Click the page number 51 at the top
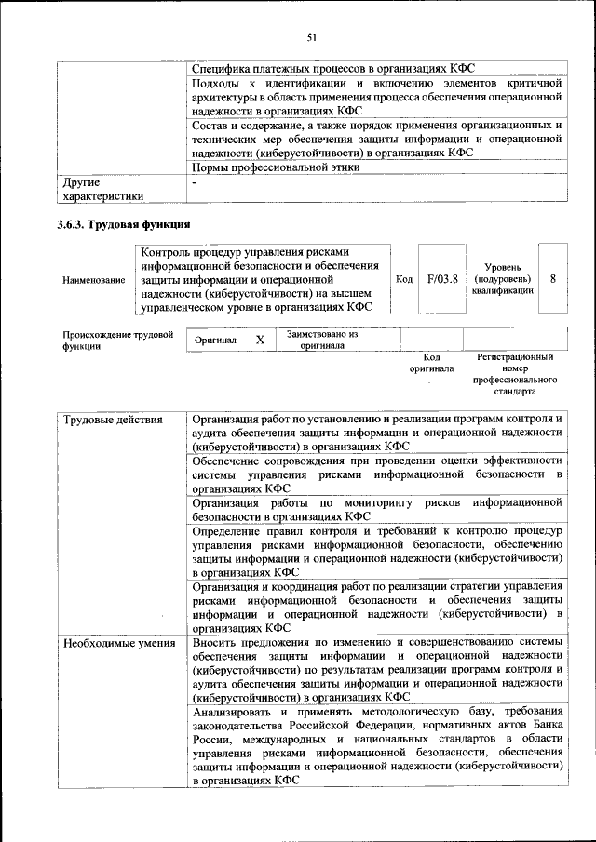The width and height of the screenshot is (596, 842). (x=312, y=37)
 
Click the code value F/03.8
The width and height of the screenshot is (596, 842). (x=442, y=278)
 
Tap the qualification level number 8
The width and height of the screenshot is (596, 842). (x=553, y=278)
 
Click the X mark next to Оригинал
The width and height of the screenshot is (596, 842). (x=260, y=340)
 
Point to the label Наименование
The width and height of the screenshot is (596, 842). (x=93, y=279)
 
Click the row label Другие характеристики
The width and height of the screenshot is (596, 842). (x=102, y=189)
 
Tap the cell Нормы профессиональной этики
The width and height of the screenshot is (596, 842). (x=276, y=167)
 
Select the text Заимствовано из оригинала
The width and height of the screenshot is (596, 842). (x=321, y=340)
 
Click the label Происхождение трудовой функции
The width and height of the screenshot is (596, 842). (x=117, y=340)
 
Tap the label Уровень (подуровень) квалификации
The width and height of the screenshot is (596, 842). (x=502, y=278)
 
